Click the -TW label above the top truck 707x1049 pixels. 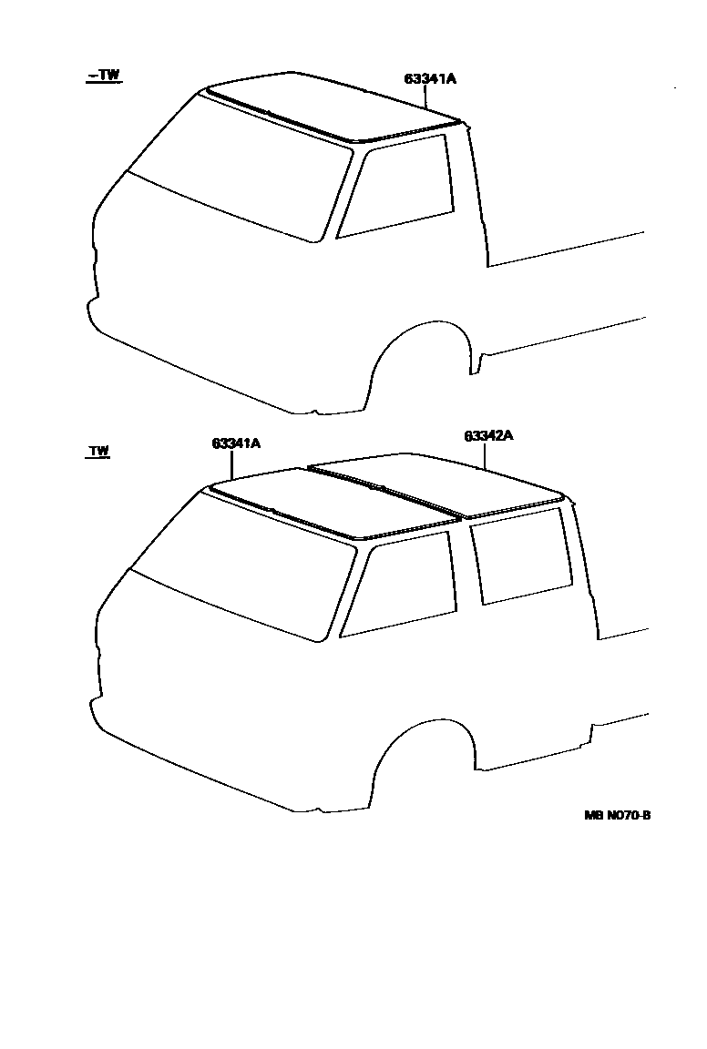[103, 76]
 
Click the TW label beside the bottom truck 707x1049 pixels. [98, 451]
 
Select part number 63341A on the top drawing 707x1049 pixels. [430, 79]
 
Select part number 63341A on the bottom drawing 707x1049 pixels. [236, 443]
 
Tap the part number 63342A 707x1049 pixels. [488, 436]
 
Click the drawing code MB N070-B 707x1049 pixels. [617, 815]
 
